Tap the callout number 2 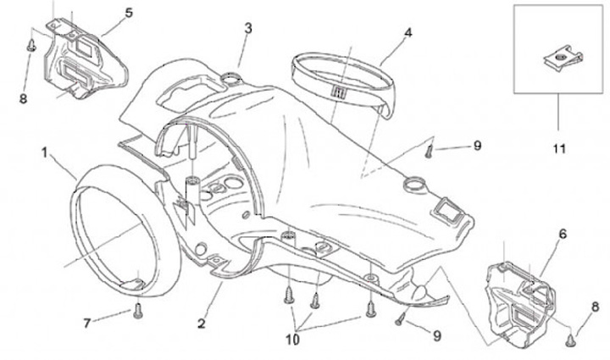tap(202, 323)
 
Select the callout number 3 tap(247, 28)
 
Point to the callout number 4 tap(408, 33)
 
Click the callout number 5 tap(129, 13)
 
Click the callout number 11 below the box tap(558, 149)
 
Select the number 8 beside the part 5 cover tap(24, 98)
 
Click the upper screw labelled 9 tap(430, 152)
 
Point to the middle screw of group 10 tap(315, 298)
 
